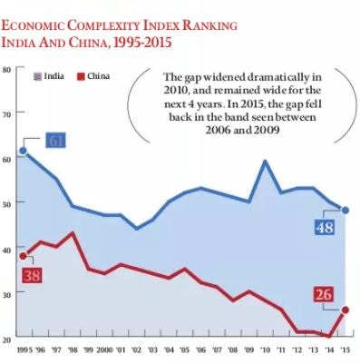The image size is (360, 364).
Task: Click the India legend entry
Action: point(47,75)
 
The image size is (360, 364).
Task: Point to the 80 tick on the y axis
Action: point(6,69)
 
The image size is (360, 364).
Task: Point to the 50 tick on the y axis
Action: point(6,203)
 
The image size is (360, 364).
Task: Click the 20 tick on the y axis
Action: point(6,338)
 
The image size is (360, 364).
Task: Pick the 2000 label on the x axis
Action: point(103,350)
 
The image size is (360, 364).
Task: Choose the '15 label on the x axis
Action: point(345,350)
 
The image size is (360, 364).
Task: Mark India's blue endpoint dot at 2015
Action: point(345,210)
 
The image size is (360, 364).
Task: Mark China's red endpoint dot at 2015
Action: point(345,310)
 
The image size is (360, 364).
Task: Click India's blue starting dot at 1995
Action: point(23,151)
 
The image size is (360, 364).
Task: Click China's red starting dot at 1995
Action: point(23,255)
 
